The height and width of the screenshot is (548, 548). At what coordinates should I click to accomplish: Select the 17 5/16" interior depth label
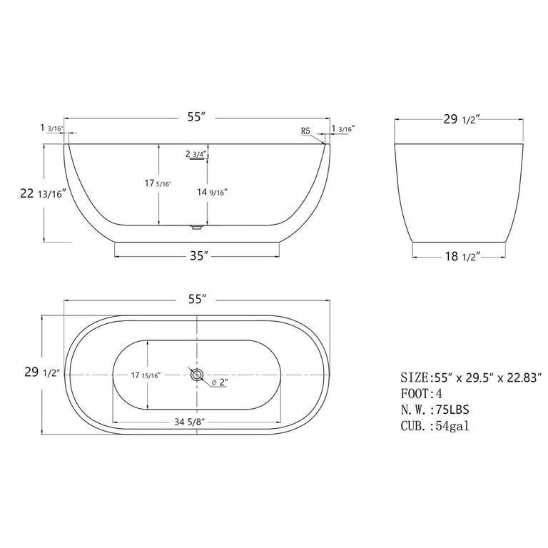pos(158,184)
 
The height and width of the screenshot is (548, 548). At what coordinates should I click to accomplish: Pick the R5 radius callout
pos(305,131)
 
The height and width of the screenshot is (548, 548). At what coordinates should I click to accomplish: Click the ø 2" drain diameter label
pos(218,383)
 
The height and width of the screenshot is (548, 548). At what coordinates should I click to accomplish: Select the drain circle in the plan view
pos(197,375)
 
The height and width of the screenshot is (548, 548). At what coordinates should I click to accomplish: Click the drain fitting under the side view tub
pos(197,228)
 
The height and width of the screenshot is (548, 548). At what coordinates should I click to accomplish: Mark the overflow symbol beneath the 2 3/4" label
pos(197,161)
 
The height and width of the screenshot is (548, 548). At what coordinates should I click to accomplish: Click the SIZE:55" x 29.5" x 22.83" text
pos(471,376)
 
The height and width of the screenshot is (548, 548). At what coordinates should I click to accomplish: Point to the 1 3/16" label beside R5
pos(343,129)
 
